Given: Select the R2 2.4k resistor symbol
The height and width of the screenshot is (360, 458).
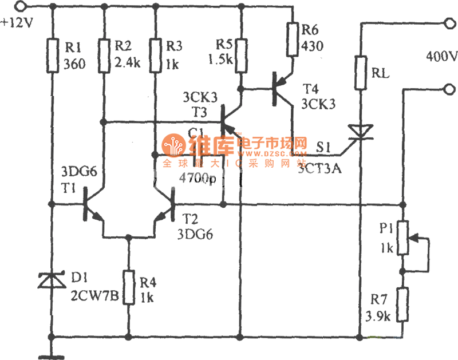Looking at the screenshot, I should pyautogui.click(x=104, y=56).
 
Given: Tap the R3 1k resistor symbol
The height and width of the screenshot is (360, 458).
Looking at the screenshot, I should pyautogui.click(x=155, y=56).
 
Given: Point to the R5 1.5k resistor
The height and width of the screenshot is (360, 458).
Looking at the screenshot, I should pyautogui.click(x=241, y=56).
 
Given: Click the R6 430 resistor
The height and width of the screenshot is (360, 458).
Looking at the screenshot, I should pyautogui.click(x=293, y=40).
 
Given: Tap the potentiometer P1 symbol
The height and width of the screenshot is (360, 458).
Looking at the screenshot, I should pyautogui.click(x=404, y=238).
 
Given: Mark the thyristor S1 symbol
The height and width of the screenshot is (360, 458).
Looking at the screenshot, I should pyautogui.click(x=360, y=133).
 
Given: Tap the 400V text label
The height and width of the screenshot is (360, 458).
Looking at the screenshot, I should pyautogui.click(x=441, y=57).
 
